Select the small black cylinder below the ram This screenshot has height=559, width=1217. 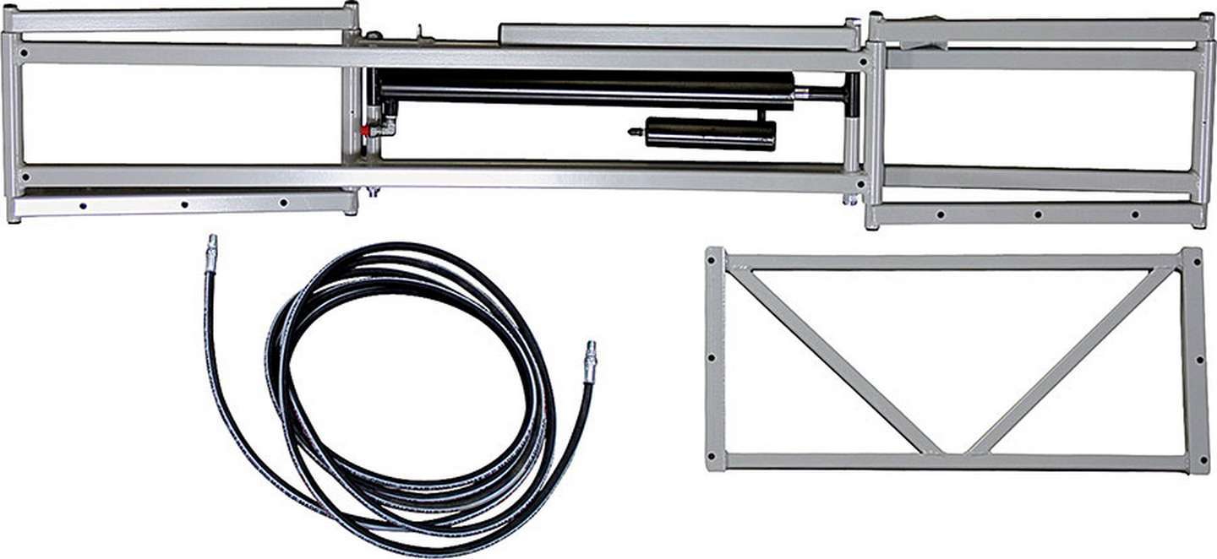point(710,133)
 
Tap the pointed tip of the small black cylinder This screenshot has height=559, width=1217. point(632,132)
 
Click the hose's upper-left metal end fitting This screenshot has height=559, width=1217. point(210,252)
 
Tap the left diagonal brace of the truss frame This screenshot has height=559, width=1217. point(832,360)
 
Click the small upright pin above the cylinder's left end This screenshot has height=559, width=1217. point(418,33)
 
